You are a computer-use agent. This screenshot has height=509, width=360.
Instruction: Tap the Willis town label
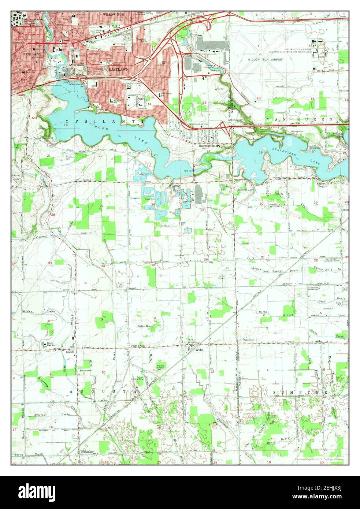(199, 350)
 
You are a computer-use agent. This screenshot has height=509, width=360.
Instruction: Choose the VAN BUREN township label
(300, 119)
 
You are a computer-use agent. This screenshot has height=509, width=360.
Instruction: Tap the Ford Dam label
(189, 171)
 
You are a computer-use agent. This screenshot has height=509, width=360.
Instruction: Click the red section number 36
(206, 260)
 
